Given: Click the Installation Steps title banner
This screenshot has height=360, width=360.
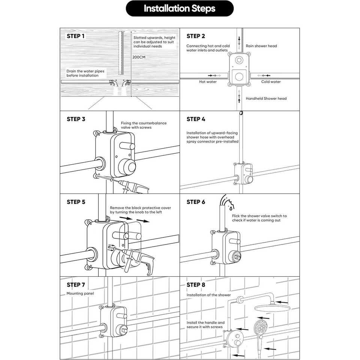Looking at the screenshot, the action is click(180, 9).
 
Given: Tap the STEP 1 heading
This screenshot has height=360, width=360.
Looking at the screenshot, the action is click(75, 36).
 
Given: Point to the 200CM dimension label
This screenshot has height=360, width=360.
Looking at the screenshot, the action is click(139, 57).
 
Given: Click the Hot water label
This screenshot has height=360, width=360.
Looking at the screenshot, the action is click(208, 82).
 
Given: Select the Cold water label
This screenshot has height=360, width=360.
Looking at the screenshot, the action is click(271, 82).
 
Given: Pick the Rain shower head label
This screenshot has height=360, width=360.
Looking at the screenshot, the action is click(261, 46).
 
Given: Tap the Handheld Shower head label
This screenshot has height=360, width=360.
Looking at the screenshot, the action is click(266, 99).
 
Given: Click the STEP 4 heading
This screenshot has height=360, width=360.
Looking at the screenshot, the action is click(196, 119).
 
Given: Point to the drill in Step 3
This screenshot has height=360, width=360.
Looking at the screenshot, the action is click(132, 186).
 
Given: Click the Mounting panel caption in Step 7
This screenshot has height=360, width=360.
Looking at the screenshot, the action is click(80, 293).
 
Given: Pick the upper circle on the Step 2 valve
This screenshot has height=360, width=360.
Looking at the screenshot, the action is click(239, 60).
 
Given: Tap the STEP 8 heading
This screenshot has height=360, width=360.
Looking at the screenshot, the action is click(196, 285).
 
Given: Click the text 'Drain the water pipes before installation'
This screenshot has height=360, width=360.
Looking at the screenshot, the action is click(85, 73).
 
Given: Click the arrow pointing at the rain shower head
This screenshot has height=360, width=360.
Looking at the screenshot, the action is click(282, 302).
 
